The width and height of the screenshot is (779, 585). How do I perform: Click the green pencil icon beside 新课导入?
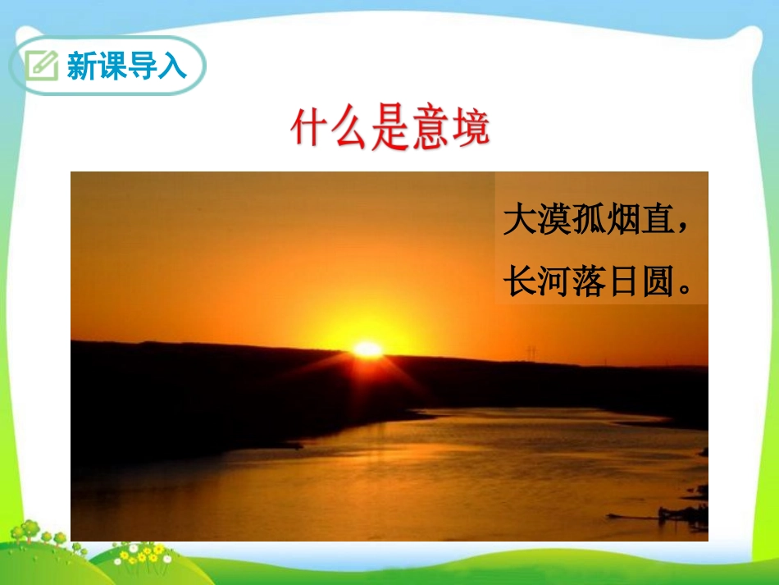(x=41, y=65)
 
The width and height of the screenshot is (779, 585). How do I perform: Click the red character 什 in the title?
(x=310, y=129)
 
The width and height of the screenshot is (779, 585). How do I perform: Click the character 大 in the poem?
(x=520, y=220)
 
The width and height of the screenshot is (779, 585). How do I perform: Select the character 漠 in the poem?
(x=557, y=220)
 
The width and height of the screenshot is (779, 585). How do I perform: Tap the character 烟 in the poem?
(x=630, y=220)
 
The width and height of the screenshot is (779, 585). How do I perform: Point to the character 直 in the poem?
(x=665, y=220)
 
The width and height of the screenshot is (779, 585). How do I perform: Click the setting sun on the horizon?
(x=367, y=349)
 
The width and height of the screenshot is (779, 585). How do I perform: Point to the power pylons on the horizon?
(x=531, y=354)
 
